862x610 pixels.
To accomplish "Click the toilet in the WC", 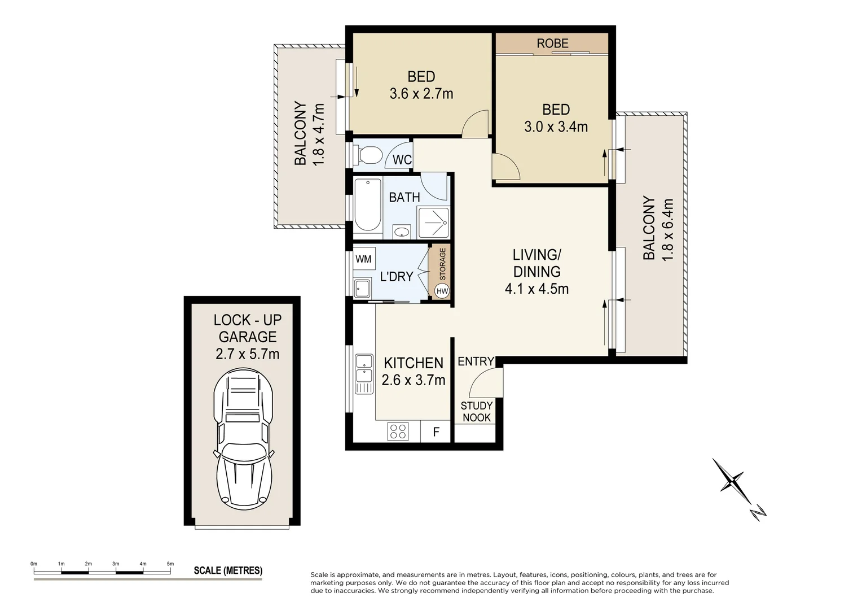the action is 367,155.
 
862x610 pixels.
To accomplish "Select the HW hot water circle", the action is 442,291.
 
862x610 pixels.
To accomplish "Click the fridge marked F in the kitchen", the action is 436,431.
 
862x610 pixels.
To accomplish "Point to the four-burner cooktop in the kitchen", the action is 398,431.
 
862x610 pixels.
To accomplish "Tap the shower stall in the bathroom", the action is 433,223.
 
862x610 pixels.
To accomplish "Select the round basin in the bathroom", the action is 402,232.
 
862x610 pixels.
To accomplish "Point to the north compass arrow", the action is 739,489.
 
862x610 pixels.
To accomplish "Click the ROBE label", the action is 552,43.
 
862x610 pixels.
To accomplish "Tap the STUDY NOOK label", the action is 476,412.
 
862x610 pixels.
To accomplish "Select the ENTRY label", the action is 476,361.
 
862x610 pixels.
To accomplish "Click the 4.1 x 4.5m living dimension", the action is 536,289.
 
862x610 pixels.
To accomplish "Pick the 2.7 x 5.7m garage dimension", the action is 248,354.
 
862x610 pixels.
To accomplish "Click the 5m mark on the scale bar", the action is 170,564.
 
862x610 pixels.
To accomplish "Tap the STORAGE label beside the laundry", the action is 442,264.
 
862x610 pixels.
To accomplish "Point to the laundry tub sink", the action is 362,289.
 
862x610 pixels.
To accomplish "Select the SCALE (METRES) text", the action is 228,570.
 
